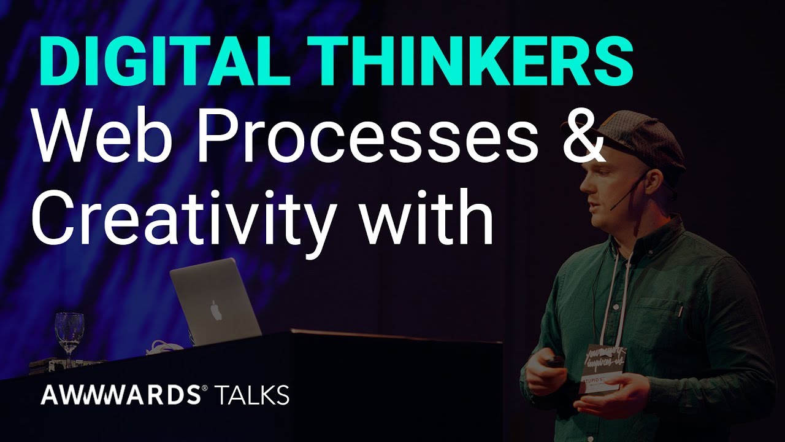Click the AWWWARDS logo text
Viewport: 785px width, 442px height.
120,395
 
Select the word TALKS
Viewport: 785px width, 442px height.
253,395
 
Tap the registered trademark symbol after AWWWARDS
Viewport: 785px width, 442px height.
204,389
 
